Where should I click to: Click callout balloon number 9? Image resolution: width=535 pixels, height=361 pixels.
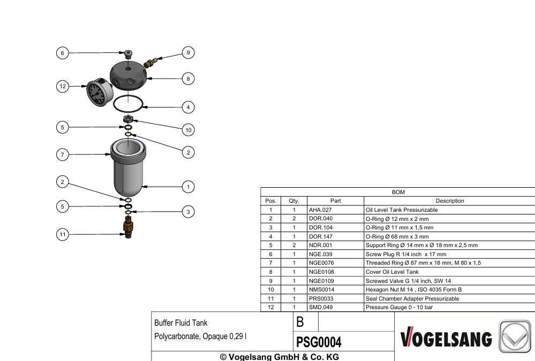[x=188, y=52]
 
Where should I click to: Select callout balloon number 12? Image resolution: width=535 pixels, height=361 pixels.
[x=63, y=86]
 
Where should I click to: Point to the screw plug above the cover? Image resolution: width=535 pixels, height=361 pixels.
[x=128, y=53]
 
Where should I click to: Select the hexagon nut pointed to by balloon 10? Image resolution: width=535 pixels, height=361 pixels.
[x=127, y=119]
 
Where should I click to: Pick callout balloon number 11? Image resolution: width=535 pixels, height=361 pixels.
[x=63, y=234]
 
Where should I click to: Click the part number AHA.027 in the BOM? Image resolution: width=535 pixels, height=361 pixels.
[x=320, y=210]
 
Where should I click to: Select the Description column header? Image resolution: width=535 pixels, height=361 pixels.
[x=450, y=201]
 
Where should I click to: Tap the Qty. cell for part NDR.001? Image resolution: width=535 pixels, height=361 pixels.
[x=294, y=245]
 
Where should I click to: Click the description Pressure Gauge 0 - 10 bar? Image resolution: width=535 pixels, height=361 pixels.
[x=399, y=307]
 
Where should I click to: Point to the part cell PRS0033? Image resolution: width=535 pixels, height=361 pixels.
[x=321, y=298]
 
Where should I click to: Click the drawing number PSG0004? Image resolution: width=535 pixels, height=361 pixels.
[x=319, y=342]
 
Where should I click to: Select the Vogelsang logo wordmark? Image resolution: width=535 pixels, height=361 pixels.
[x=446, y=337]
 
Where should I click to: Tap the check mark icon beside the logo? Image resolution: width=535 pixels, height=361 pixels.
[x=515, y=336]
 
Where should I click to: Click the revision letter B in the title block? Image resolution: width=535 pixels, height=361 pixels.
[x=300, y=322]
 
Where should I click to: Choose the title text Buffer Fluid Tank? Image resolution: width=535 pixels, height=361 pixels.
[x=181, y=323]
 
